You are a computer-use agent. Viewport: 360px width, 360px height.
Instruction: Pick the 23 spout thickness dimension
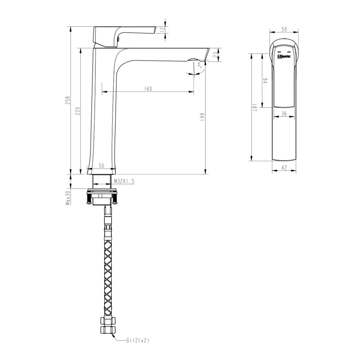215,55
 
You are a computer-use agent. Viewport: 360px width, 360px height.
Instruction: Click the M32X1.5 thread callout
124,181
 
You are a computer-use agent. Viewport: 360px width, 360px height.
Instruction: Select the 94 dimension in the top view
265,81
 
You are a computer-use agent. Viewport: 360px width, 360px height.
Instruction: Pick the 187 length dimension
254,107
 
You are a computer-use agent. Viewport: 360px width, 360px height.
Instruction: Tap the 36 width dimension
284,113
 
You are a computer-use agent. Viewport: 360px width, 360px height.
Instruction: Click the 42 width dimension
284,167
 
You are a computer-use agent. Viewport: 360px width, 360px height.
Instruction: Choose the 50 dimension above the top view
284,30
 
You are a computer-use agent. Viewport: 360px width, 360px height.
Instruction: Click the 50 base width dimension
101,166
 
